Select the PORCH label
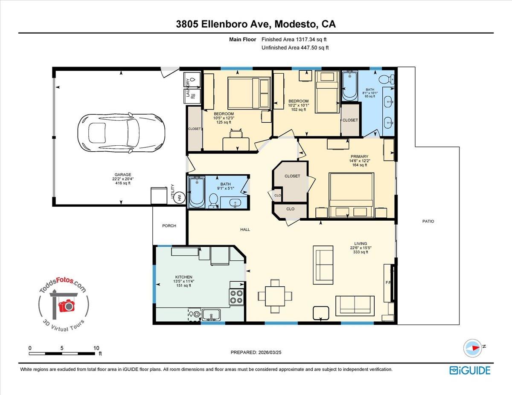click(169, 226)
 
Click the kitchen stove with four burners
click(236, 296)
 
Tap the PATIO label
click(428, 221)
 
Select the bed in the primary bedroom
click(351, 195)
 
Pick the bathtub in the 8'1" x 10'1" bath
click(349, 86)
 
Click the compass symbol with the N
click(473, 348)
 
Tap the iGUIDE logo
click(470, 370)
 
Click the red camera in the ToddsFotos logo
click(66, 305)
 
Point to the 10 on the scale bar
click(96, 348)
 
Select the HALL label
click(245, 230)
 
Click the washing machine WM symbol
click(179, 197)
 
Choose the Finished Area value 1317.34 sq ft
click(301, 40)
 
